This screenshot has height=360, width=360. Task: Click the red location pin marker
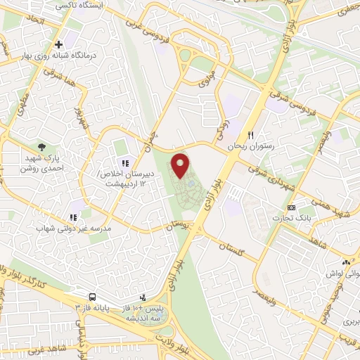181,166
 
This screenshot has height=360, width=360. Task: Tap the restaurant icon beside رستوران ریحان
249,135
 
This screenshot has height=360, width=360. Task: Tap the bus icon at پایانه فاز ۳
93,297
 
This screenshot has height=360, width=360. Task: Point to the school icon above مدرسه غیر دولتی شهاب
72,218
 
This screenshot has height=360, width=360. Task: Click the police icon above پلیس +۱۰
143,297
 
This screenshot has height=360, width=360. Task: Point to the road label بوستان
176,226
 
